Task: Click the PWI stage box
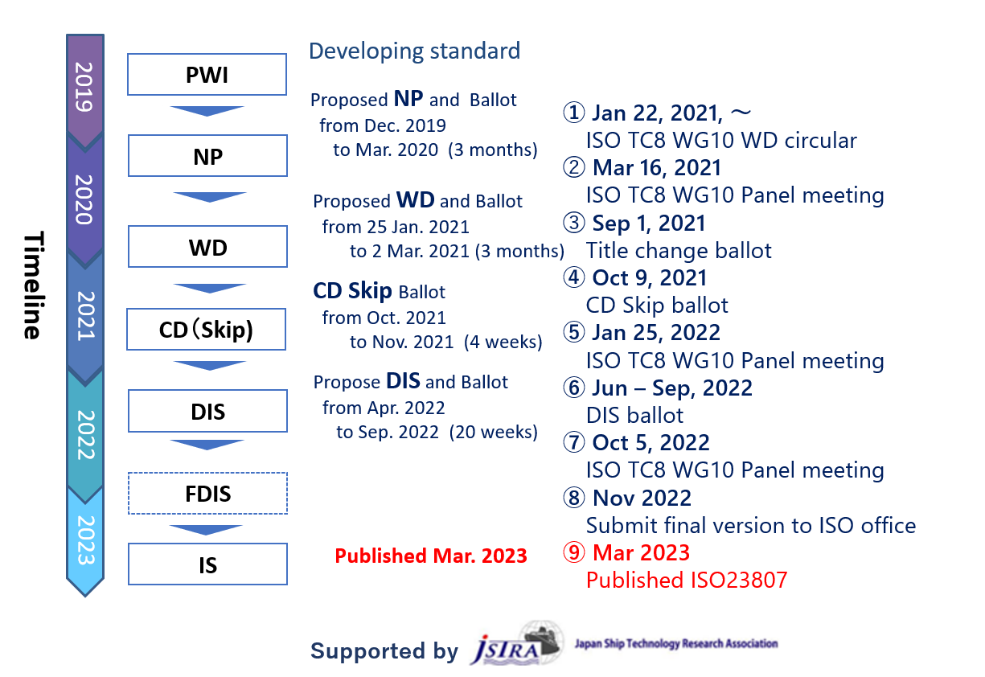[x=207, y=74]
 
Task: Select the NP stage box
[x=207, y=156]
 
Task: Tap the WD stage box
[x=207, y=247]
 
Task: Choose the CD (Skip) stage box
[x=206, y=330]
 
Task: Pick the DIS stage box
[x=207, y=411]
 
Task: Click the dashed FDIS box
[x=207, y=493]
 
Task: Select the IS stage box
[x=207, y=564]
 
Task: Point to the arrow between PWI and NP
[x=207, y=111]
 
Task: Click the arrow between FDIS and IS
[x=206, y=530]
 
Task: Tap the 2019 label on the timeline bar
[x=84, y=87]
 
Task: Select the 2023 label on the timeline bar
[x=86, y=540]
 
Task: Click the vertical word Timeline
[x=34, y=285]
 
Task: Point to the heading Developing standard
[x=415, y=51]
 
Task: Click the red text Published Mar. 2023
[x=431, y=556]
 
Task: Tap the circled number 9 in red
[x=574, y=552]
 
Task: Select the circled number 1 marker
[x=574, y=112]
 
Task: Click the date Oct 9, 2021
[x=650, y=278]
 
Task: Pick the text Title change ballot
[x=679, y=251]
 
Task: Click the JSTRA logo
[x=517, y=643]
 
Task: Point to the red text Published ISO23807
[x=687, y=581]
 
